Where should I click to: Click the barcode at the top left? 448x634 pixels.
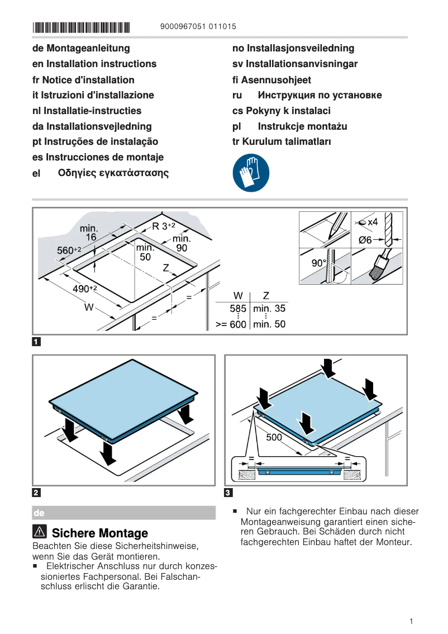(x=81, y=26)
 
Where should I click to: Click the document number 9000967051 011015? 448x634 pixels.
(x=198, y=26)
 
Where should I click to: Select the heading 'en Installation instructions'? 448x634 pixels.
(x=94, y=64)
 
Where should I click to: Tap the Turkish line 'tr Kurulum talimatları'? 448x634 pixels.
(x=282, y=141)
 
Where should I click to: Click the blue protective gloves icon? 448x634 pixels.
(x=251, y=173)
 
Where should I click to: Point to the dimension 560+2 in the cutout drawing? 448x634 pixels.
(x=69, y=250)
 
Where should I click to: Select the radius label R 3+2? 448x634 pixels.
(x=164, y=226)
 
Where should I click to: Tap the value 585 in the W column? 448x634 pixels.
(x=238, y=309)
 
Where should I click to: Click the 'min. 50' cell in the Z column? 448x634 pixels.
(x=269, y=324)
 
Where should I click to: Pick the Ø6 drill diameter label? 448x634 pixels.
(x=365, y=240)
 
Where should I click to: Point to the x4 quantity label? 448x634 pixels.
(x=373, y=222)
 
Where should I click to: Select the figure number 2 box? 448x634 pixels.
(x=36, y=493)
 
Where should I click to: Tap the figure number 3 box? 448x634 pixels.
(x=228, y=493)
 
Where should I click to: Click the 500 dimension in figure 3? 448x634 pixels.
(x=274, y=437)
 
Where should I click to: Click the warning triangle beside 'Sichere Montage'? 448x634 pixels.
(x=40, y=533)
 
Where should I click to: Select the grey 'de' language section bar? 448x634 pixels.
(x=124, y=513)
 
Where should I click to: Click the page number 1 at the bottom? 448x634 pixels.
(x=411, y=621)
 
